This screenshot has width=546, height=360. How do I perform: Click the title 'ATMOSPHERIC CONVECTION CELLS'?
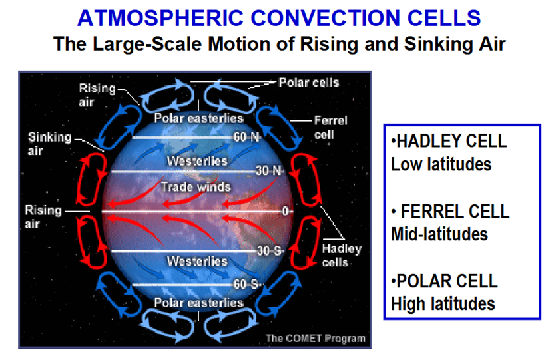(x=279, y=18)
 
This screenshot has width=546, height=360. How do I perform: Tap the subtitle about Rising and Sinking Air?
(x=279, y=44)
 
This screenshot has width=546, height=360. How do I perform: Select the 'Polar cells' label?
(x=309, y=83)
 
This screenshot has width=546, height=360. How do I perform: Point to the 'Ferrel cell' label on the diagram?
(x=330, y=127)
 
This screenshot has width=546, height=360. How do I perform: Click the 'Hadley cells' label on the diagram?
(x=342, y=256)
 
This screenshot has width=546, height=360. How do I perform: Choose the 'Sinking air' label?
(x=50, y=144)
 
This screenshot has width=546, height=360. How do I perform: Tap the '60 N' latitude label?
(x=246, y=137)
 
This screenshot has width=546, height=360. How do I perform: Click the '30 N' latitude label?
(x=269, y=170)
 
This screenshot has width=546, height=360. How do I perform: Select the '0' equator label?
(x=285, y=211)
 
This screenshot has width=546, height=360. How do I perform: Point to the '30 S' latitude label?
(x=269, y=251)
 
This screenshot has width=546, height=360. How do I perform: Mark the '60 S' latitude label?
(x=246, y=284)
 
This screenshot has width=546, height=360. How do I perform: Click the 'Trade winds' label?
(x=196, y=187)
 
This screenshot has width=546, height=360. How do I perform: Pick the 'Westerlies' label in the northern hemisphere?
(x=197, y=161)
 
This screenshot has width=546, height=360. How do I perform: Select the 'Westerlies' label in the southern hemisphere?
(x=197, y=261)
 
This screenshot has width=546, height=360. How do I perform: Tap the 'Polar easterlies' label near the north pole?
(x=198, y=118)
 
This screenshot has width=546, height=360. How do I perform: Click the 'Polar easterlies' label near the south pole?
(x=198, y=303)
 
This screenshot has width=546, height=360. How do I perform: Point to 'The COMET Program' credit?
(x=316, y=339)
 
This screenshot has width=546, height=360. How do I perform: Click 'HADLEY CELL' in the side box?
(x=449, y=141)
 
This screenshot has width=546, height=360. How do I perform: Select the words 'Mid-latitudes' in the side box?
(x=439, y=234)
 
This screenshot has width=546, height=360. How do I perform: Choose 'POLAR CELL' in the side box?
(x=445, y=281)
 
